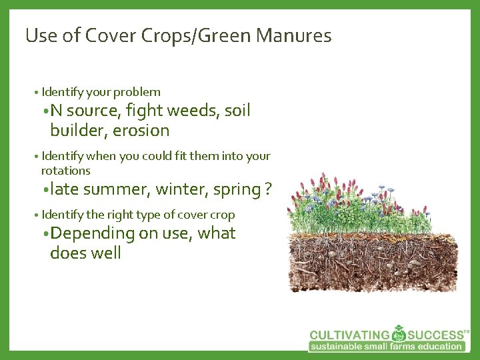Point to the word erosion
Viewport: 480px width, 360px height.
(x=141, y=130)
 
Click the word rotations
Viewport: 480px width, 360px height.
(x=65, y=171)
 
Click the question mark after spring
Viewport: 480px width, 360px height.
(x=268, y=189)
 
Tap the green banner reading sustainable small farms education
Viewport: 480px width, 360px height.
(x=387, y=346)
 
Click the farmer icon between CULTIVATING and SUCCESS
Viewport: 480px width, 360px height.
(x=399, y=333)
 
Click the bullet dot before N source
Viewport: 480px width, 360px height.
(x=45, y=111)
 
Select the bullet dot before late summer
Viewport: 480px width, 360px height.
(x=45, y=190)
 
